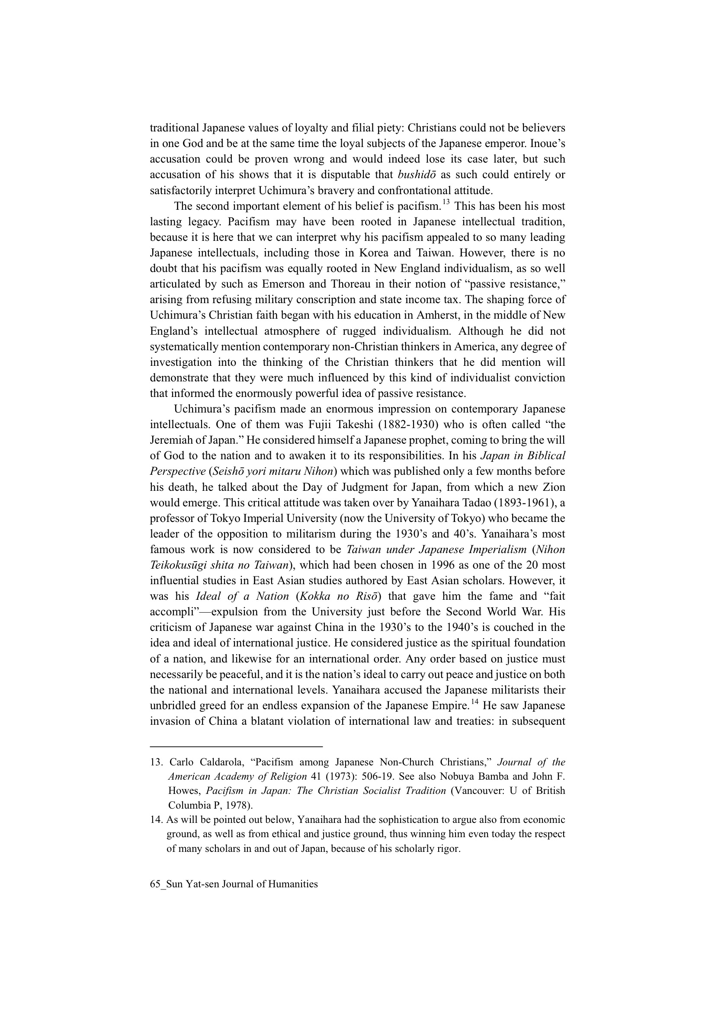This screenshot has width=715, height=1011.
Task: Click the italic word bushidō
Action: tap(416, 175)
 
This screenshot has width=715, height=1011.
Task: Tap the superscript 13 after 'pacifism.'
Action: tap(446, 202)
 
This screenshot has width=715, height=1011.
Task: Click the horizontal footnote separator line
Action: tap(236, 746)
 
